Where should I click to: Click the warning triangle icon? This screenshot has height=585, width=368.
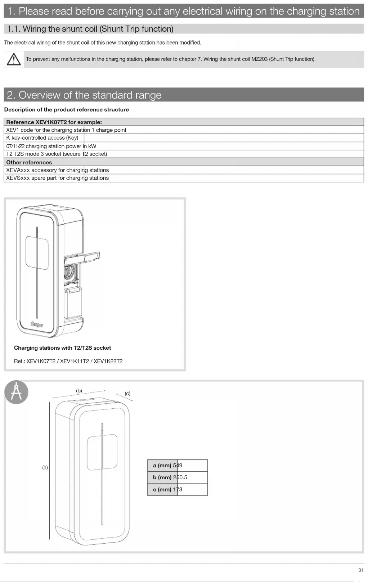pyautogui.click(x=14, y=59)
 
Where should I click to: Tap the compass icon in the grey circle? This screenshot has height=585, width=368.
pyautogui.click(x=16, y=392)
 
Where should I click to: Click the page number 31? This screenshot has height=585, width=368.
pyautogui.click(x=361, y=570)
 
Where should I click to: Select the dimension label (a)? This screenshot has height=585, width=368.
pyautogui.click(x=45, y=468)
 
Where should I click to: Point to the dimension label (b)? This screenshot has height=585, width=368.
pyautogui.click(x=79, y=391)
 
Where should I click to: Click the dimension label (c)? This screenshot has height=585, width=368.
pyautogui.click(x=127, y=394)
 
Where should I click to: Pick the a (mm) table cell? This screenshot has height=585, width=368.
pyautogui.click(x=162, y=466)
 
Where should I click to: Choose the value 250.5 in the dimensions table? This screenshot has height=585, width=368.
pyautogui.click(x=180, y=477)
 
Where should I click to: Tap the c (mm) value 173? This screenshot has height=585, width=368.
pyautogui.click(x=178, y=490)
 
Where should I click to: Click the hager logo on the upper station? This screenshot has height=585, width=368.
pyautogui.click(x=37, y=325)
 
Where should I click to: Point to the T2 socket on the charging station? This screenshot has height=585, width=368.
pyautogui.click(x=69, y=272)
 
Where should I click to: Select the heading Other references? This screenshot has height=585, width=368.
pyautogui.click(x=29, y=162)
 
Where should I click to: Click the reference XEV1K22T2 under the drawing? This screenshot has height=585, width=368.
pyautogui.click(x=108, y=361)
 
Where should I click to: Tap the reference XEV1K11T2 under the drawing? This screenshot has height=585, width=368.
pyautogui.click(x=75, y=361)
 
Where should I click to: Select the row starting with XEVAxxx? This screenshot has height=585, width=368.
pyautogui.click(x=57, y=170)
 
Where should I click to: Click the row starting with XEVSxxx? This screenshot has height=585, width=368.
pyautogui.click(x=57, y=178)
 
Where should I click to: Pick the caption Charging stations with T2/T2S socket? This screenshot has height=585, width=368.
pyautogui.click(x=62, y=348)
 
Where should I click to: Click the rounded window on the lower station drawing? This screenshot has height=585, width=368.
pyautogui.click(x=102, y=452)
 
